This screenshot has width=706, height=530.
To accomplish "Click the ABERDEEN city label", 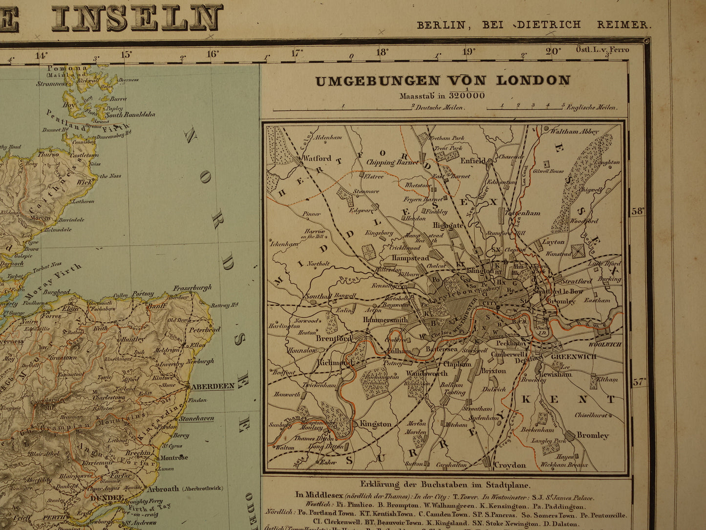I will pyautogui.click(x=213, y=386).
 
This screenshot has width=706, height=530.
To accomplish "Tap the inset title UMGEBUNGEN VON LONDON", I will pyautogui.click(x=443, y=81).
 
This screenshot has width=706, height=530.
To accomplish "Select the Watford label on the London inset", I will pyautogui.click(x=317, y=158).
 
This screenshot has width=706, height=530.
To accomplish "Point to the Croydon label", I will pyautogui.click(x=510, y=465).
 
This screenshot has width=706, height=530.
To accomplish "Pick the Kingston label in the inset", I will pyautogui.click(x=376, y=424).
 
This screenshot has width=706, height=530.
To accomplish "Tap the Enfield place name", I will pyautogui.click(x=473, y=160).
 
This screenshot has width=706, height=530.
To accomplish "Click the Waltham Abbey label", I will pyautogui.click(x=574, y=132).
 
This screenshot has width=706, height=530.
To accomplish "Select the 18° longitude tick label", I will pyautogui.click(x=382, y=52).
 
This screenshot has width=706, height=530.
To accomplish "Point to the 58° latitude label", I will pyautogui.click(x=638, y=211).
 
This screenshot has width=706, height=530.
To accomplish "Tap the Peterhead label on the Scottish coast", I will pyautogui.click(x=205, y=330).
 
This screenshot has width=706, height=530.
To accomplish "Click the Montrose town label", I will pyautogui.click(x=173, y=458).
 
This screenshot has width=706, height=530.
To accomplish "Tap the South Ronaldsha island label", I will pyautogui.click(x=130, y=114).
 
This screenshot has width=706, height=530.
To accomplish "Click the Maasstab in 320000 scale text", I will pyautogui.click(x=442, y=95).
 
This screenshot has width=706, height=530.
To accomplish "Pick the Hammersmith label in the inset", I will pyautogui.click(x=385, y=319).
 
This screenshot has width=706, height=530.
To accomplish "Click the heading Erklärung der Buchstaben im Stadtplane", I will pyautogui.click(x=444, y=485).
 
